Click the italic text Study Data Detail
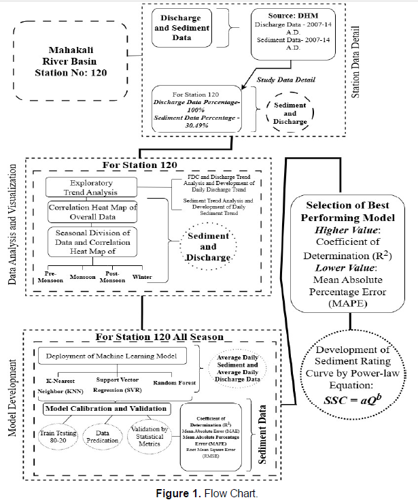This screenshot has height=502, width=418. tap(285, 80)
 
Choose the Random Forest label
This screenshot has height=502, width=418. tap(173, 382)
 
